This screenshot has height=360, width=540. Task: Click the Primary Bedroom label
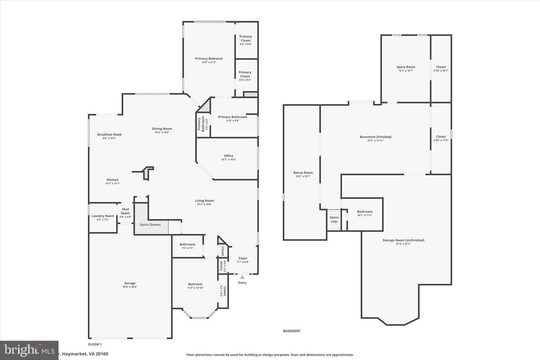[x=209, y=58]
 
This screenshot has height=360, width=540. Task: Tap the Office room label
[x=228, y=156]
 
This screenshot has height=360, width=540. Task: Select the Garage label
[x=130, y=283]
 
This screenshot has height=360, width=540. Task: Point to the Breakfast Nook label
[x=109, y=135]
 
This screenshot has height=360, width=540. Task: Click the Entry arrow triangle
[x=242, y=277]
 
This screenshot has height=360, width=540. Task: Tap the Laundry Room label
[x=103, y=216]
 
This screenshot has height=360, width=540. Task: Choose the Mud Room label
[x=125, y=211]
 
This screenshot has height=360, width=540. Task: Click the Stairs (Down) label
[x=150, y=225]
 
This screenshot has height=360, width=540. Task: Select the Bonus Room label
[x=303, y=173]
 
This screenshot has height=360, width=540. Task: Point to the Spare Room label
[x=406, y=67]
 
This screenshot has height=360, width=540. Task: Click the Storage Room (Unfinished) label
[x=403, y=240]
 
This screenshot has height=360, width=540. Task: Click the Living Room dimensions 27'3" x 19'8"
[x=204, y=204]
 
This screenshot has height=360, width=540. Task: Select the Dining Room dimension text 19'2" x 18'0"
[x=162, y=132]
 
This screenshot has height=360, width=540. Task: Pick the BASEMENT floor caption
[x=291, y=331]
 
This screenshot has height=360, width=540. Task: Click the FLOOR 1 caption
[x=95, y=344]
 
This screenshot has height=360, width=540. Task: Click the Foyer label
[x=243, y=258]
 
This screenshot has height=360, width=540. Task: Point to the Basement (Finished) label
[x=375, y=137]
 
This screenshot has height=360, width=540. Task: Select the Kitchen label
[x=112, y=180]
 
